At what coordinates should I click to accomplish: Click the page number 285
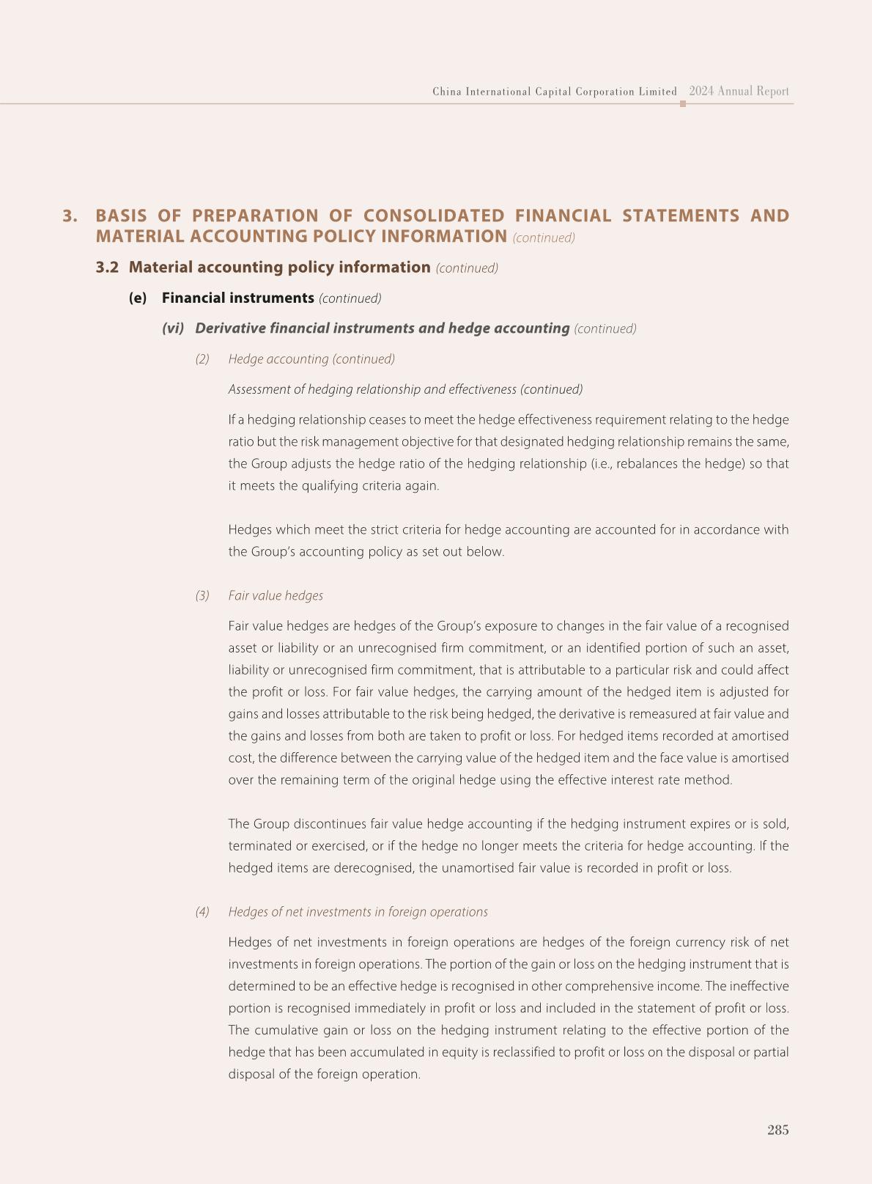tap(777, 1130)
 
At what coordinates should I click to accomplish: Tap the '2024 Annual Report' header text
tap(739, 92)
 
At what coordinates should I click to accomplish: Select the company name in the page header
tap(554, 92)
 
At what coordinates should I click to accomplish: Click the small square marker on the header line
tap(683, 104)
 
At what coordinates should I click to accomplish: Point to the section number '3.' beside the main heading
tap(70, 216)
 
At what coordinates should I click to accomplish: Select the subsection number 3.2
tap(107, 268)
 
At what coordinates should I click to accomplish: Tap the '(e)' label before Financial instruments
tap(138, 298)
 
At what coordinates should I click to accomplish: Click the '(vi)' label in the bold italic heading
tap(173, 328)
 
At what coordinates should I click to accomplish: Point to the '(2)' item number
tap(202, 359)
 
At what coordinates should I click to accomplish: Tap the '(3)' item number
tap(202, 596)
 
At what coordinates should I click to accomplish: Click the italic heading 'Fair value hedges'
tap(276, 596)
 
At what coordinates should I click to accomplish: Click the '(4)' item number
tap(202, 912)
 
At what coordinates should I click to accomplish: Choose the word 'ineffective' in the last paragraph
tap(759, 986)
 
